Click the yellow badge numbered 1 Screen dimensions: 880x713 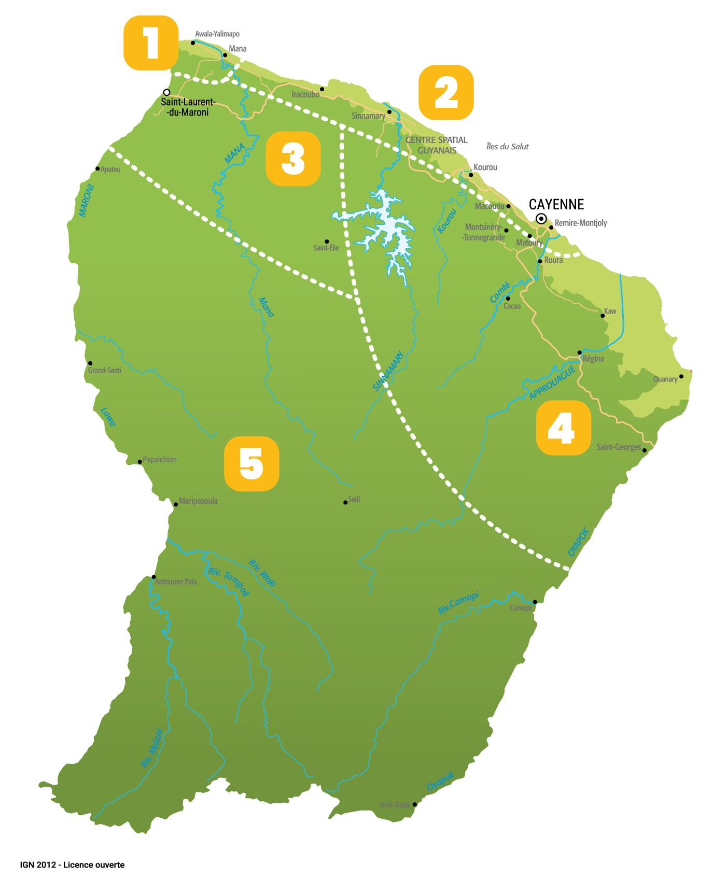point(151,43)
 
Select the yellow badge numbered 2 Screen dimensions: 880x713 point(446,92)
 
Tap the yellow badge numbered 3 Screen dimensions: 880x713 point(293,159)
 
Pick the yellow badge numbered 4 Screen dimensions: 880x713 point(563,428)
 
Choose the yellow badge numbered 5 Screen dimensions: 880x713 point(251,464)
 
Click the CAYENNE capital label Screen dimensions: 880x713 point(556,204)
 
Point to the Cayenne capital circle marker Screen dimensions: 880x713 point(541,219)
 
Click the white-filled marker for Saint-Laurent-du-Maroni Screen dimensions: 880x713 point(166,92)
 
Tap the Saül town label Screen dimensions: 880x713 point(354,499)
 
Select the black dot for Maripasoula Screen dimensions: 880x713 point(175,505)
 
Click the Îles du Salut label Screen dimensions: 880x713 point(507,147)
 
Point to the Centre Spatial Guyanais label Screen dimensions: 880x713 point(437,145)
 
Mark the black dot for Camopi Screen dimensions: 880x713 point(535,602)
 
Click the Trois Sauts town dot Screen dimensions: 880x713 point(414,804)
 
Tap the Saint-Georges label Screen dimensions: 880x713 point(619,447)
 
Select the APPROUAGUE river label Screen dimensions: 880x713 point(552,383)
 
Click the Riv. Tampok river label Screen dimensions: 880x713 point(229,581)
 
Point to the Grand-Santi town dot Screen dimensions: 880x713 point(90,363)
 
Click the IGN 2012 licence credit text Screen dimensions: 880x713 point(72,864)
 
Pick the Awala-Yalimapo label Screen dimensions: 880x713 point(217,34)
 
